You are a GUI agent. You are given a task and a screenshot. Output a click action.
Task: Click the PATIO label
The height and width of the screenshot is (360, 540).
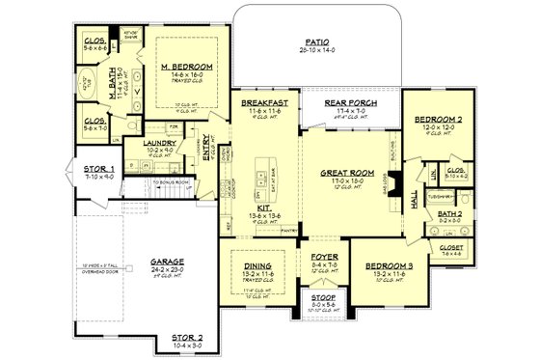tap(313, 43)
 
